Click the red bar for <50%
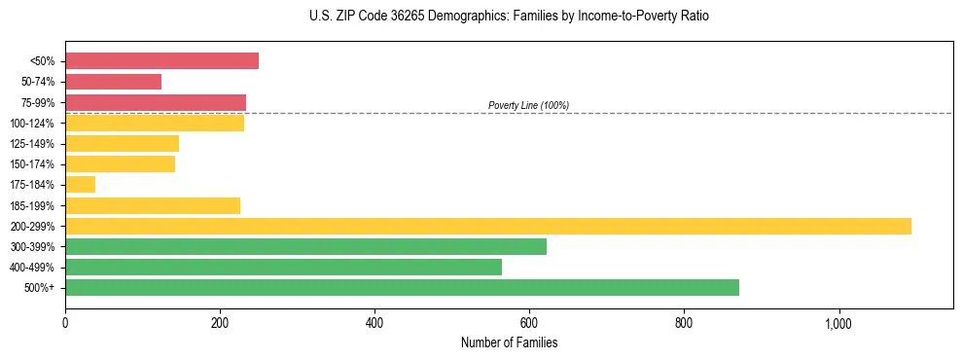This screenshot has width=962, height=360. pos(161,61)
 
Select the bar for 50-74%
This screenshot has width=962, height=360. pos(113,82)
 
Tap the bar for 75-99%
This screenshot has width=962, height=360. pos(156,102)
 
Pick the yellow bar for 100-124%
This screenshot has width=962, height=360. pos(155,123)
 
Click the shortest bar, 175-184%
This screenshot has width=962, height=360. pos(80,185)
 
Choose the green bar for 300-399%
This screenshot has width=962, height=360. pos(305,246)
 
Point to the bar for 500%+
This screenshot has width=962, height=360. pos(402,288)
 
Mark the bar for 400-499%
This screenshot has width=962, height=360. pos(283,267)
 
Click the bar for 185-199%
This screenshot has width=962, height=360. pos(153,205)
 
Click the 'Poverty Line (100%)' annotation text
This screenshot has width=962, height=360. pos(528,105)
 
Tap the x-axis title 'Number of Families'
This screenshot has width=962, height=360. pos(509,343)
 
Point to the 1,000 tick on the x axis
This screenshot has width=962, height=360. pos(838,323)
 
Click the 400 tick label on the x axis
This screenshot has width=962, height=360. pos(374,323)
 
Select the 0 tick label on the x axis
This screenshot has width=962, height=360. pos(65,323)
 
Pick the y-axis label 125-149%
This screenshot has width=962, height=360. pos(32,144)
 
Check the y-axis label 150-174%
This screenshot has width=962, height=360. pos(32,164)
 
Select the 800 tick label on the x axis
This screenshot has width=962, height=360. pos(684,323)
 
